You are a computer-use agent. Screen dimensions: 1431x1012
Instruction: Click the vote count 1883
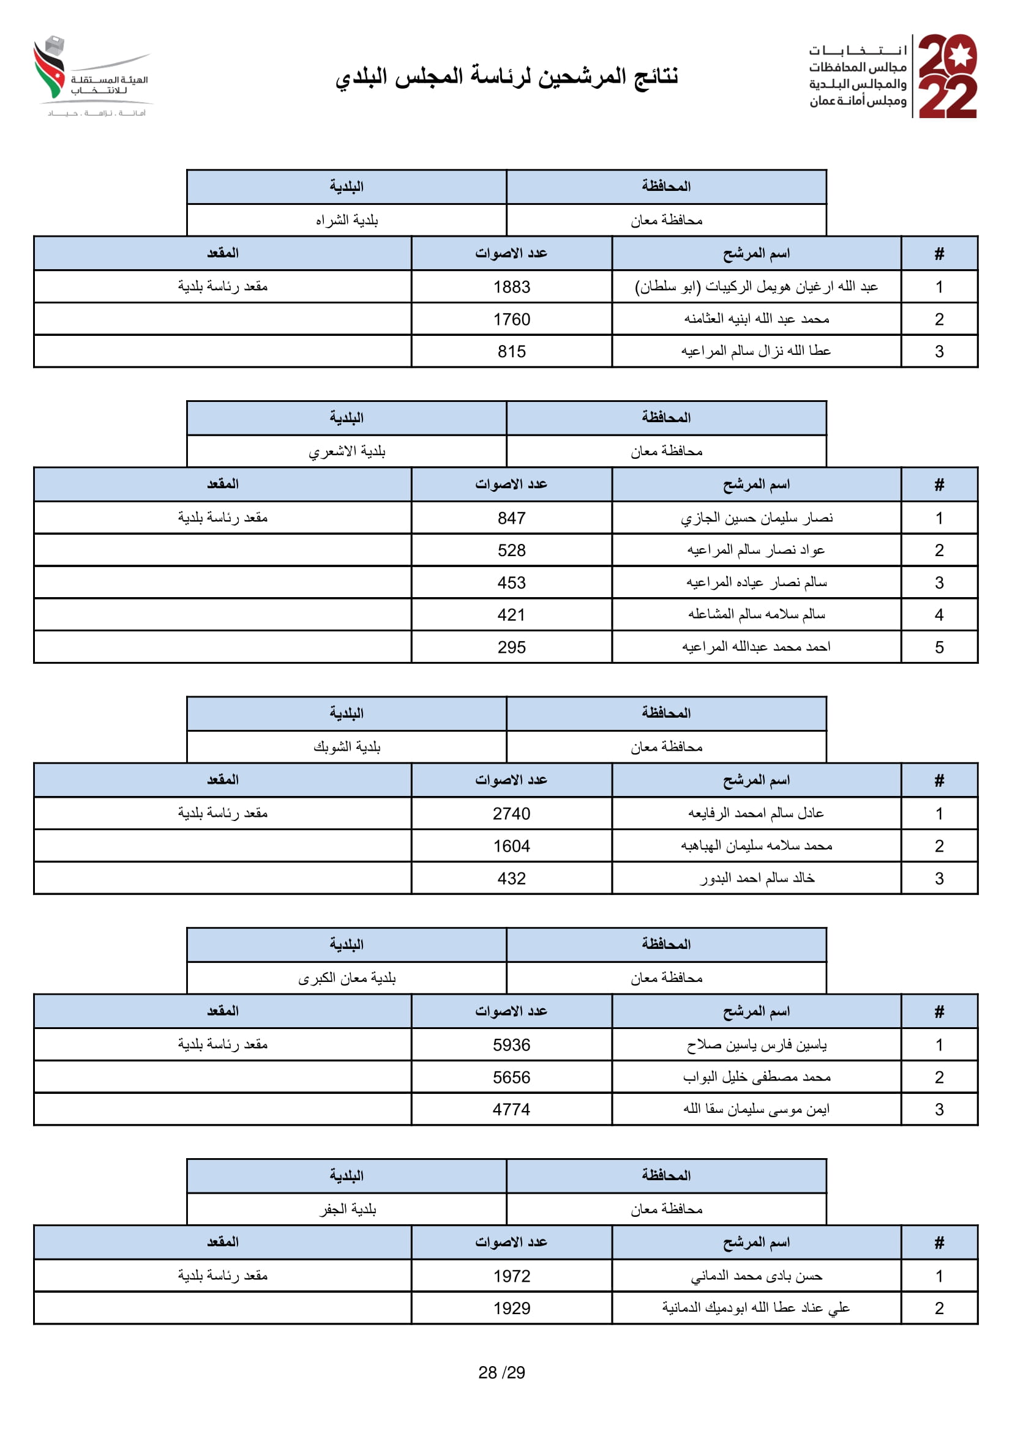pos(511,287)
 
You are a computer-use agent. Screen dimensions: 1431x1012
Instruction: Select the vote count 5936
pos(511,1044)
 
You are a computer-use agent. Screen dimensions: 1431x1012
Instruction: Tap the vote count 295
pos(511,647)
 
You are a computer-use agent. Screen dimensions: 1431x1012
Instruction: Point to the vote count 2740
pos(511,813)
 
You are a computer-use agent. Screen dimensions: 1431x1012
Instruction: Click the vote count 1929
pos(511,1308)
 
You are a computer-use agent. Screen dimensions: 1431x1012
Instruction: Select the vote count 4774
pos(511,1109)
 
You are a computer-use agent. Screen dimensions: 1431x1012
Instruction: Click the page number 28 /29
pos(502,1372)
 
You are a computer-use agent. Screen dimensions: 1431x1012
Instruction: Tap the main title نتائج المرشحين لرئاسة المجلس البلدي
pos(506,76)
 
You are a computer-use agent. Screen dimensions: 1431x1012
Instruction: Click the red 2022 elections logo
pos(947,76)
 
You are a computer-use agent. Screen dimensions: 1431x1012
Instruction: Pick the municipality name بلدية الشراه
pos(347,220)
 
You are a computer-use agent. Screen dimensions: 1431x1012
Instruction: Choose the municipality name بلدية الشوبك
pos(347,746)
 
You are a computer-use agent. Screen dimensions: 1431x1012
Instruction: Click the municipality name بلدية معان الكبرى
pos(347,978)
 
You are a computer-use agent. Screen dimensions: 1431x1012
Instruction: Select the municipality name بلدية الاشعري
pos(347,452)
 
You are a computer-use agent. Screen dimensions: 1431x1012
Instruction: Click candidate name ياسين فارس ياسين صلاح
pos(756,1044)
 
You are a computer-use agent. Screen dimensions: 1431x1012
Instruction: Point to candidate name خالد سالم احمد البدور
pos(756,878)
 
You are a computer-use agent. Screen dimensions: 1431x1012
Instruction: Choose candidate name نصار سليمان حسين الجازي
pos(756,518)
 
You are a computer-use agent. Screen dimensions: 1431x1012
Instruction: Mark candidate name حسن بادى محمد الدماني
pos(756,1276)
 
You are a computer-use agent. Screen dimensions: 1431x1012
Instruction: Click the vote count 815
pos(511,352)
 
